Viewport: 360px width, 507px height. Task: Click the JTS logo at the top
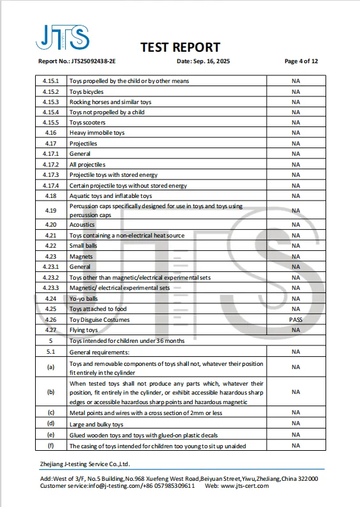pyautogui.click(x=62, y=38)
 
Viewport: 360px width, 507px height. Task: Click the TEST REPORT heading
pyautogui.click(x=180, y=47)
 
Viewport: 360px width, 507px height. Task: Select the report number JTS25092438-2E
pyautogui.click(x=94, y=61)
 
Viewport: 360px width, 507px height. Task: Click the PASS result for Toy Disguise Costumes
pyautogui.click(x=296, y=319)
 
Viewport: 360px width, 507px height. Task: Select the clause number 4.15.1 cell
pyautogui.click(x=50, y=81)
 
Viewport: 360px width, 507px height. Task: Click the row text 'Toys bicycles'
pyautogui.click(x=86, y=91)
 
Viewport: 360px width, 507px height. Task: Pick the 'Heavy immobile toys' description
pyautogui.click(x=97, y=133)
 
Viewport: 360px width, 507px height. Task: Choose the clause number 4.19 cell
pyautogui.click(x=50, y=210)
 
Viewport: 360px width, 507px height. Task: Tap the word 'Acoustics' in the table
pyautogui.click(x=82, y=225)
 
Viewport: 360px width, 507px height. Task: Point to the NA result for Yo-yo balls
pyautogui.click(x=296, y=298)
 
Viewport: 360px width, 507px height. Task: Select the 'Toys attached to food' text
pyautogui.click(x=94, y=309)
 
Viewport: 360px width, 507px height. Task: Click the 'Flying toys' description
pyautogui.click(x=84, y=330)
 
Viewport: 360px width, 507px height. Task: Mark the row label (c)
pyautogui.click(x=50, y=412)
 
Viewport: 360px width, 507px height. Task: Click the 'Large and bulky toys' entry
pyautogui.click(x=96, y=424)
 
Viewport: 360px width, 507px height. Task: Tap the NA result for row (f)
pyautogui.click(x=296, y=446)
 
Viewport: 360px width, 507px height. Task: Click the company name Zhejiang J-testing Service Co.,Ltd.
pyautogui.click(x=85, y=464)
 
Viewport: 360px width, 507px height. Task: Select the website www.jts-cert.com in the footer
pyautogui.click(x=244, y=486)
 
